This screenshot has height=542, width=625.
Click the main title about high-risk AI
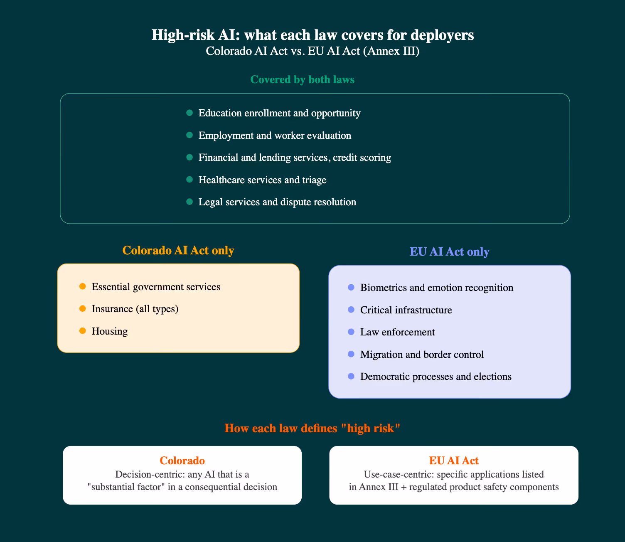(312, 35)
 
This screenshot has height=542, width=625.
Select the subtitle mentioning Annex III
(312, 52)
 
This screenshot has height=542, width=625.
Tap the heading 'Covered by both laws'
(302, 80)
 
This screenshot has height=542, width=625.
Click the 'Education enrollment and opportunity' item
(279, 113)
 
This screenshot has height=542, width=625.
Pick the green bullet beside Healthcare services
(189, 180)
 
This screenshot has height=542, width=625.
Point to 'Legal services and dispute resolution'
(277, 202)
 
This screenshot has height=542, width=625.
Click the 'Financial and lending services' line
(295, 158)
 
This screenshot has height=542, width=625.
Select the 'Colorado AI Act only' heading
(178, 250)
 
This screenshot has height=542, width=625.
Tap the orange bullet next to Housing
(82, 331)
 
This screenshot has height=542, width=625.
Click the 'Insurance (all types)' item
(135, 309)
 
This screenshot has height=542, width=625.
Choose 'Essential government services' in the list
(156, 287)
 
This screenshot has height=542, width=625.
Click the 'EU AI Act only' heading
(449, 252)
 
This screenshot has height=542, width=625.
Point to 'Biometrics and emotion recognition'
(437, 288)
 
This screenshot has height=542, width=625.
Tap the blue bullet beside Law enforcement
(351, 332)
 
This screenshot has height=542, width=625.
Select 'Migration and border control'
(422, 355)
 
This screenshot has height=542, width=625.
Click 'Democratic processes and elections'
(436, 377)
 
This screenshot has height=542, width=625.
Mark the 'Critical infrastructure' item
(406, 310)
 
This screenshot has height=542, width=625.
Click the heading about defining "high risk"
(312, 428)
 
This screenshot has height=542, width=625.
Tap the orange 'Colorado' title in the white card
(182, 461)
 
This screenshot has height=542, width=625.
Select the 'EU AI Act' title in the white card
(454, 461)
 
